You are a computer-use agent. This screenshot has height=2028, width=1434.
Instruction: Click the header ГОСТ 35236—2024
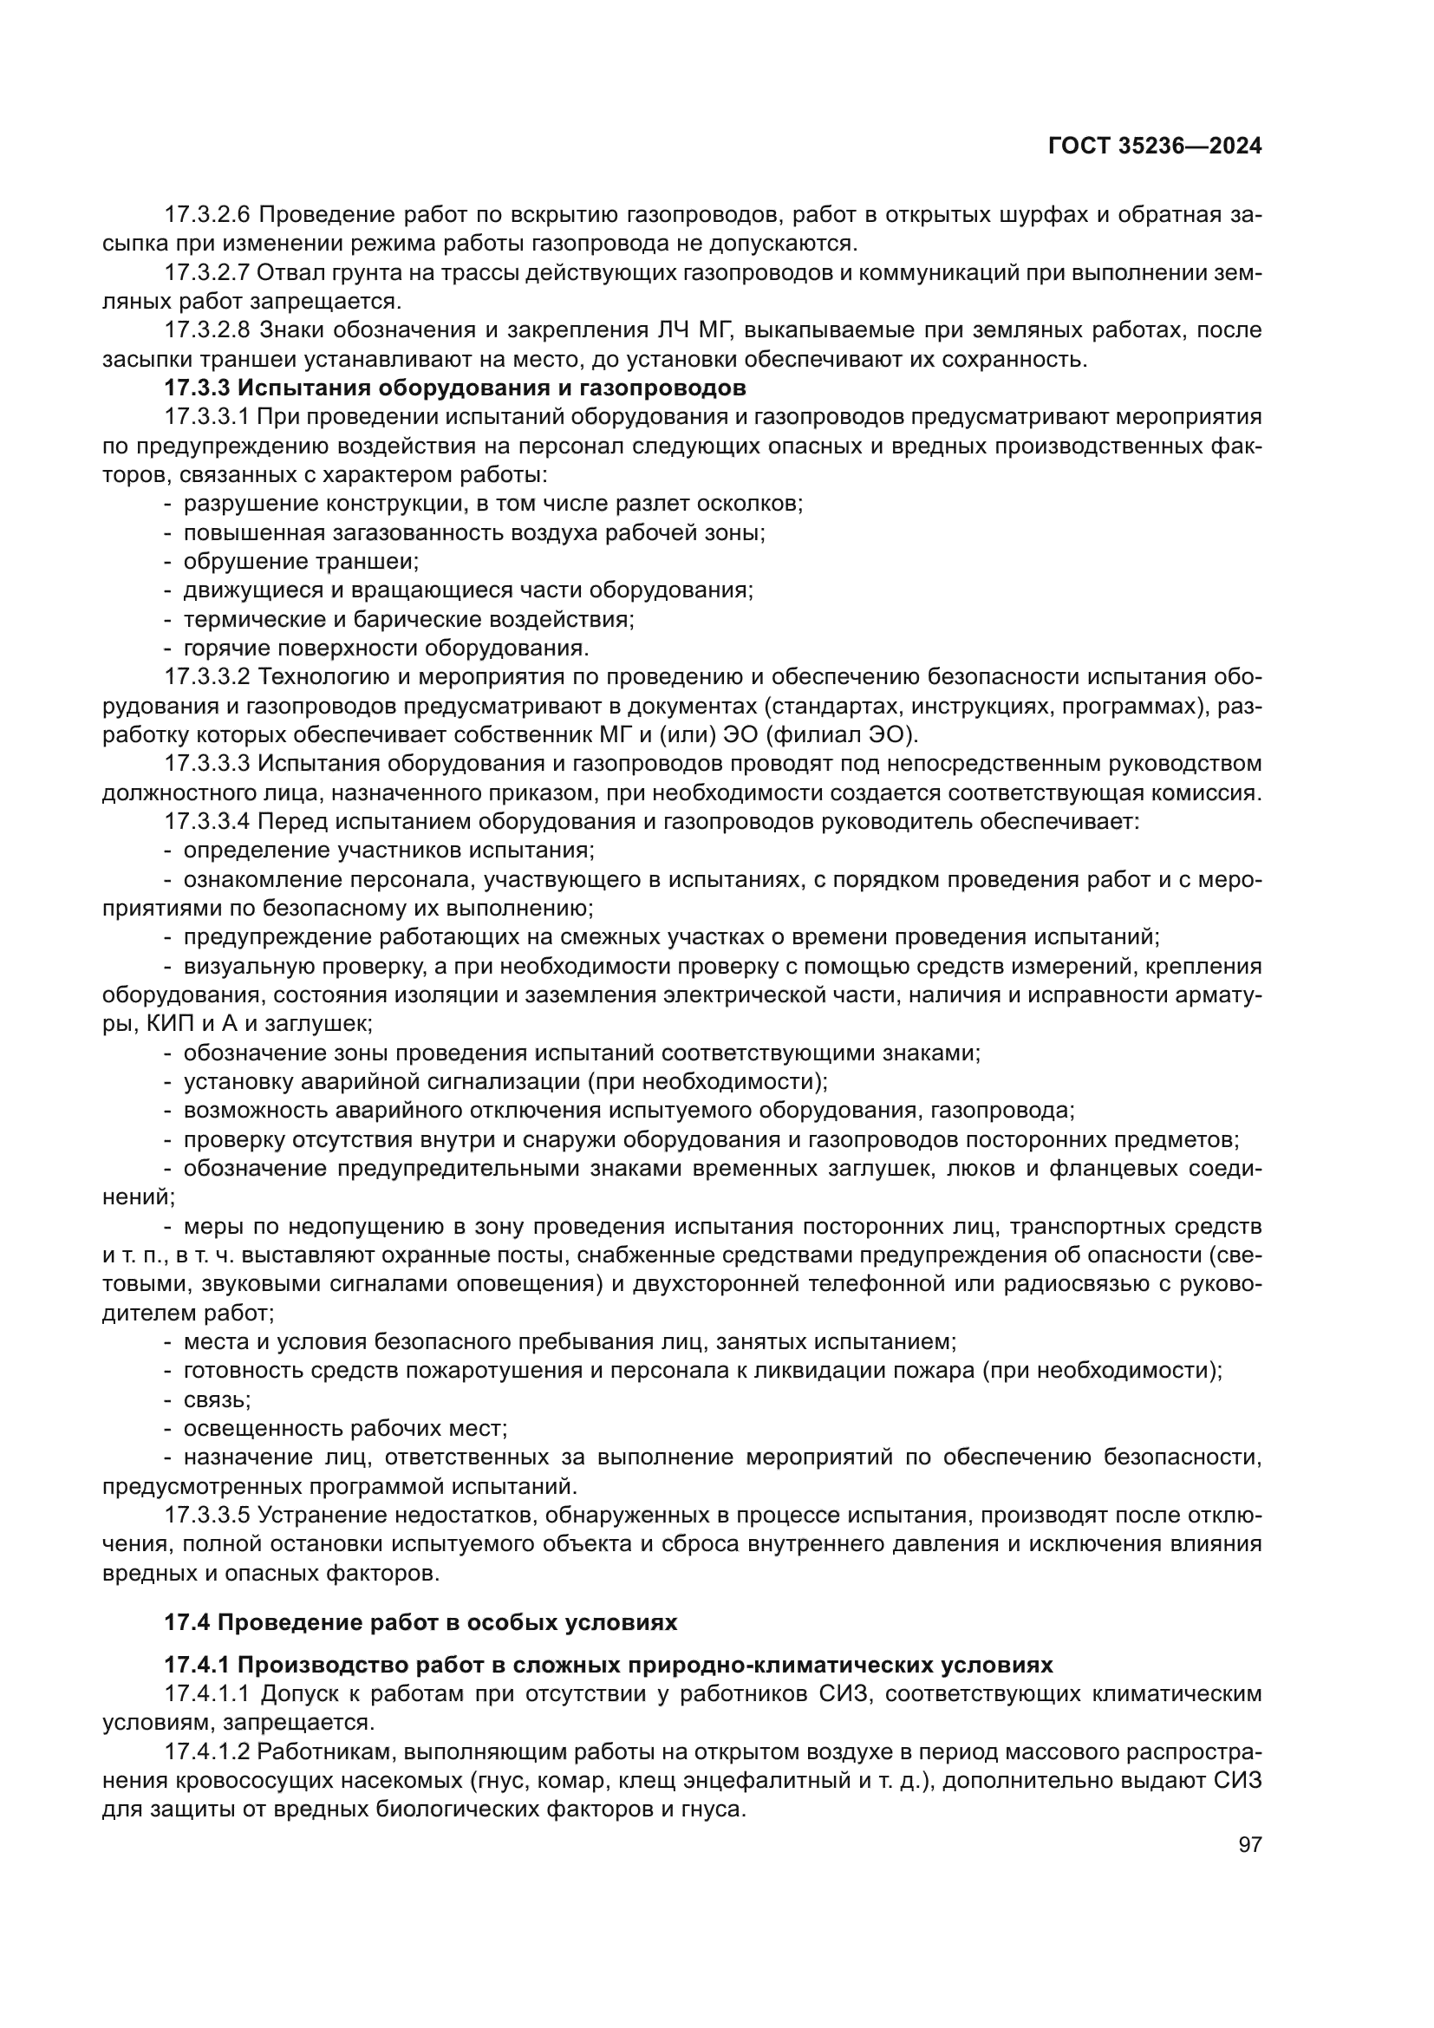point(1154,147)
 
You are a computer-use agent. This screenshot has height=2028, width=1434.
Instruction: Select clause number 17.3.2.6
point(208,215)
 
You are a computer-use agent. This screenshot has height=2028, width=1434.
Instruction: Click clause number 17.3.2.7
point(208,273)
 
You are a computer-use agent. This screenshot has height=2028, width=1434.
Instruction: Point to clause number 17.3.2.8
point(208,330)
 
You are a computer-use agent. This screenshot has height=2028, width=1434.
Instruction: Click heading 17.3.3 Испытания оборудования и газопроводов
point(455,388)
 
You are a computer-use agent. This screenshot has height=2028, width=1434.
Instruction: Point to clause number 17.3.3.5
point(208,1516)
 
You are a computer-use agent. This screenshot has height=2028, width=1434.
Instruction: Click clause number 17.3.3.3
point(208,763)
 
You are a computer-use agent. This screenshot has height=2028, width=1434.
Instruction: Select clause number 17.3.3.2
point(208,677)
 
